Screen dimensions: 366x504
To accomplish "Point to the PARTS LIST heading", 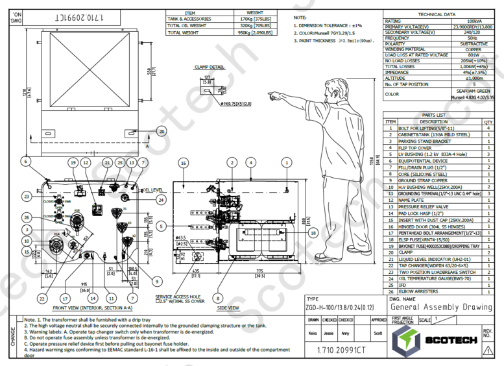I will (433, 116).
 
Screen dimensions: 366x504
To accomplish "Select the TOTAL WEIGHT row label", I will (183, 31).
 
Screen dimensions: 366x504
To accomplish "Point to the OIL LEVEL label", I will (150, 190).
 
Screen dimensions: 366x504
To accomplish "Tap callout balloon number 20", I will (161, 131).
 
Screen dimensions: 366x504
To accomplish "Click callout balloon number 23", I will (27, 196).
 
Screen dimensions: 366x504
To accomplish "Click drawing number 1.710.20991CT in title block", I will (342, 351).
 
